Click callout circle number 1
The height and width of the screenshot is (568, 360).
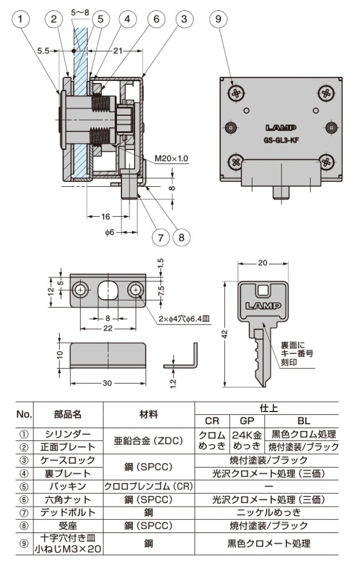coord(21,19)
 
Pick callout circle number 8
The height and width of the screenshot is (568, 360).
coord(182,236)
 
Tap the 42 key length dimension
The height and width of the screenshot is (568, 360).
coord(226,332)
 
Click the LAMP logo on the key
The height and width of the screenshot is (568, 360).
coord(263,305)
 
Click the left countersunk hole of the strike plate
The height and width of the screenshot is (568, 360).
coord(81,291)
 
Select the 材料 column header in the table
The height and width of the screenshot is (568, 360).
coord(149,414)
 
